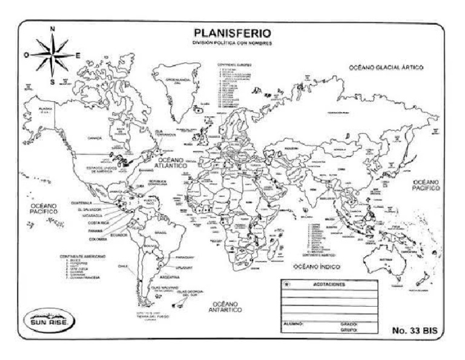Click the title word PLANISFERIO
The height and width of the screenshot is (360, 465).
pos(232,33)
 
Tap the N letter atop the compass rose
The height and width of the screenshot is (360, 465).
pos(53,28)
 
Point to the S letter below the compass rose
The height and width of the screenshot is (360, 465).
pos(52,81)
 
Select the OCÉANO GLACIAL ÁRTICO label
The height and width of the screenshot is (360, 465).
pos(386,68)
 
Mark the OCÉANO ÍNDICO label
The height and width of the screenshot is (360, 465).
pos(315,266)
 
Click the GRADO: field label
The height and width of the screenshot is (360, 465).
pos(349,324)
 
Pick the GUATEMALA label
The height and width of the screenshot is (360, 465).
pos(81,202)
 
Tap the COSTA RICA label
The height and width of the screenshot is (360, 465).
pos(89,222)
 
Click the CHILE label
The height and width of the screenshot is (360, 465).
pos(125,265)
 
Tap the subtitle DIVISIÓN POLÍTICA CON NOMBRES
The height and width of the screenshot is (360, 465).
pos(232,43)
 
